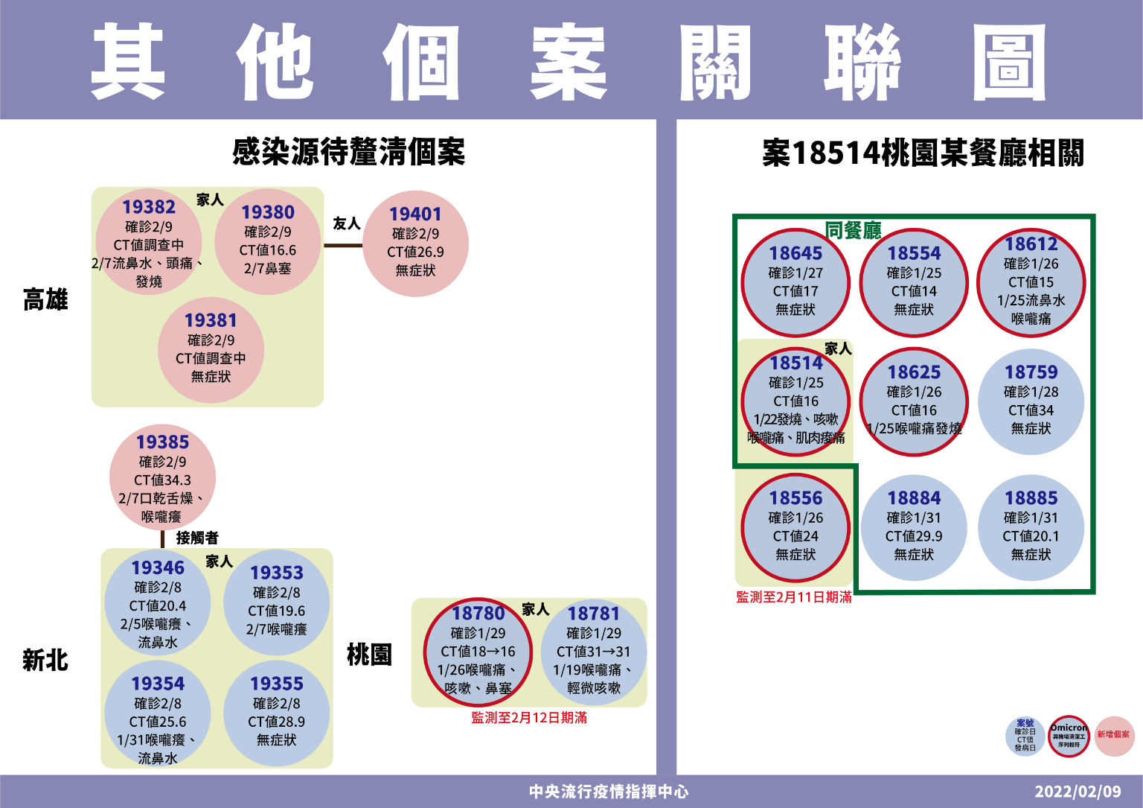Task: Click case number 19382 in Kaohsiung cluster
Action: point(149,207)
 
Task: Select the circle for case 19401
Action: point(415,244)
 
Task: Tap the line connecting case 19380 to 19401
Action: point(342,245)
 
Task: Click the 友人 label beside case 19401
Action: point(346,223)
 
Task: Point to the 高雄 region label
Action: point(45,300)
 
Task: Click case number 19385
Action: point(162,442)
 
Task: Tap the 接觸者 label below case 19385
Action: point(197,538)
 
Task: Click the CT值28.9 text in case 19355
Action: point(276,722)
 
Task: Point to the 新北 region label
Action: point(45,661)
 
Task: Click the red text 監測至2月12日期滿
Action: point(529,718)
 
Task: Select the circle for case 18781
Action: point(593,652)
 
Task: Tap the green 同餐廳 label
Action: point(853,231)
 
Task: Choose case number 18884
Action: point(914,498)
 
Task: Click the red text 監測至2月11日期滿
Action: point(794,597)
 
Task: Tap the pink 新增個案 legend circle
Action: point(1113,736)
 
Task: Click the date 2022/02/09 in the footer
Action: point(1078,792)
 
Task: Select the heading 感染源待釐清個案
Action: point(348,153)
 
